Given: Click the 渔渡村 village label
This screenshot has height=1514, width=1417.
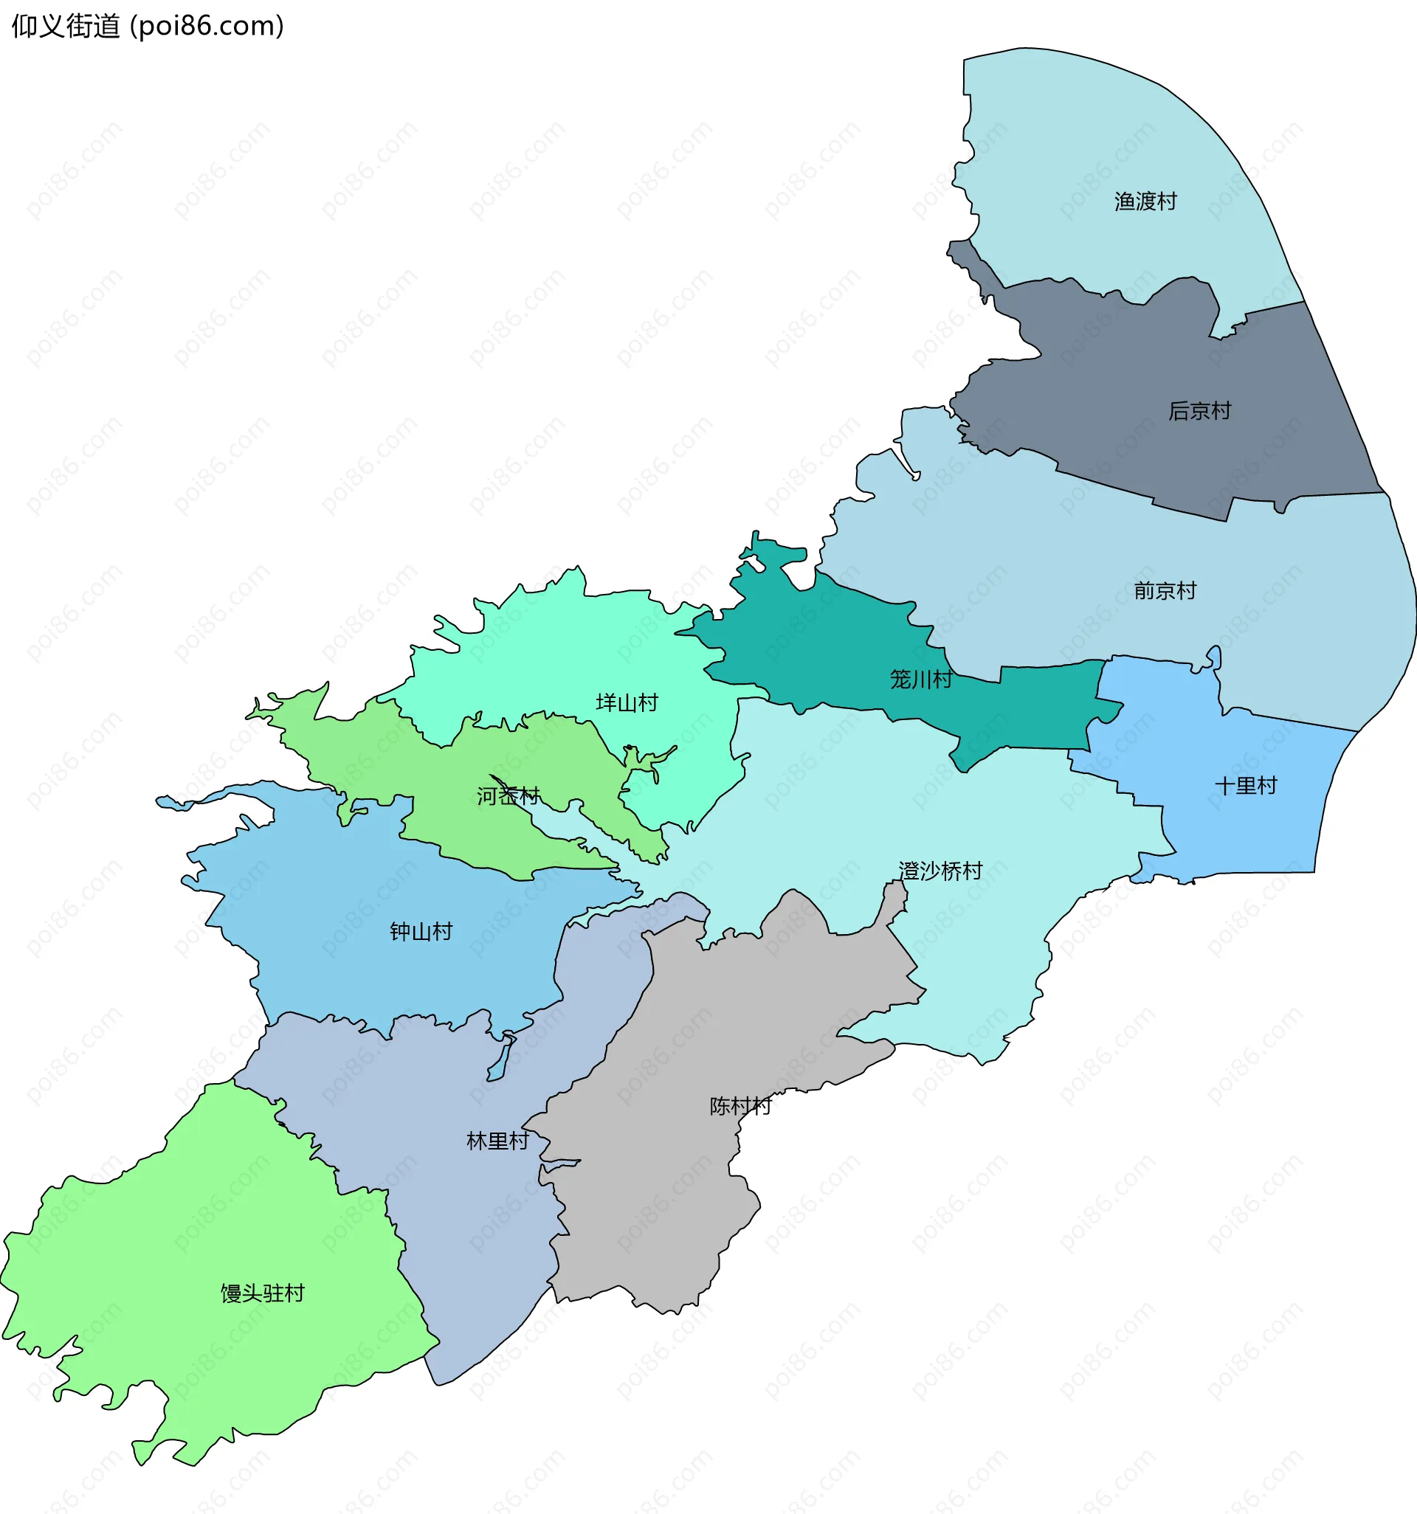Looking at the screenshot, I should pyautogui.click(x=1145, y=202).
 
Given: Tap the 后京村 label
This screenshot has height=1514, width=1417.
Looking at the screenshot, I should pyautogui.click(x=1199, y=411).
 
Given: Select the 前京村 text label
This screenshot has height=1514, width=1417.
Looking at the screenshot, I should pyautogui.click(x=1164, y=591).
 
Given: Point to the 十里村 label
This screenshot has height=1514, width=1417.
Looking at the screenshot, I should pyautogui.click(x=1245, y=786).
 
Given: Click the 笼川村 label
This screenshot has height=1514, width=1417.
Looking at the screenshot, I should pyautogui.click(x=920, y=680).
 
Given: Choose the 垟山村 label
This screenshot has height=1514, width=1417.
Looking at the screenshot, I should pyautogui.click(x=627, y=703).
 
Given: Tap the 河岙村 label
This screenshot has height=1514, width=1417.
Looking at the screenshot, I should pyautogui.click(x=508, y=797).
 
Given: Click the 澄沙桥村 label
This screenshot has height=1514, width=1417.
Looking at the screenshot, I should pyautogui.click(x=940, y=871).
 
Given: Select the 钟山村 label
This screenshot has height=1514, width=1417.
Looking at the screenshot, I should pyautogui.click(x=421, y=932).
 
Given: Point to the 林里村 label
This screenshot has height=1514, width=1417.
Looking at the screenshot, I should pyautogui.click(x=497, y=1141).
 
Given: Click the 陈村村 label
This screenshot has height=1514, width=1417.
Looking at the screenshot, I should pyautogui.click(x=740, y=1107).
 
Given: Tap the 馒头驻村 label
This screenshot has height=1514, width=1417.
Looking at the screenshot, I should pyautogui.click(x=262, y=1294).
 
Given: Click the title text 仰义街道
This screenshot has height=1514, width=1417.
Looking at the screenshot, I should pyautogui.click(x=66, y=27).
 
